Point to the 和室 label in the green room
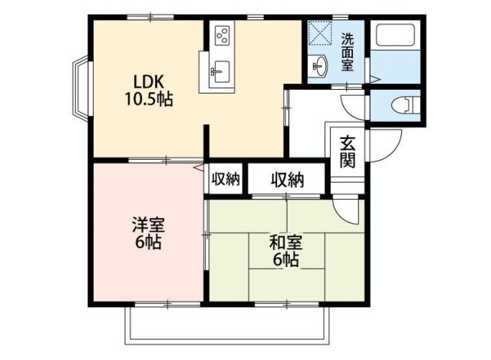[285, 243]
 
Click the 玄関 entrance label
[348, 151]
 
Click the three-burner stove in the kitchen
[222, 35]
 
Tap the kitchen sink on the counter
[217, 74]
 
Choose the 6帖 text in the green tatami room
[285, 259]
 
